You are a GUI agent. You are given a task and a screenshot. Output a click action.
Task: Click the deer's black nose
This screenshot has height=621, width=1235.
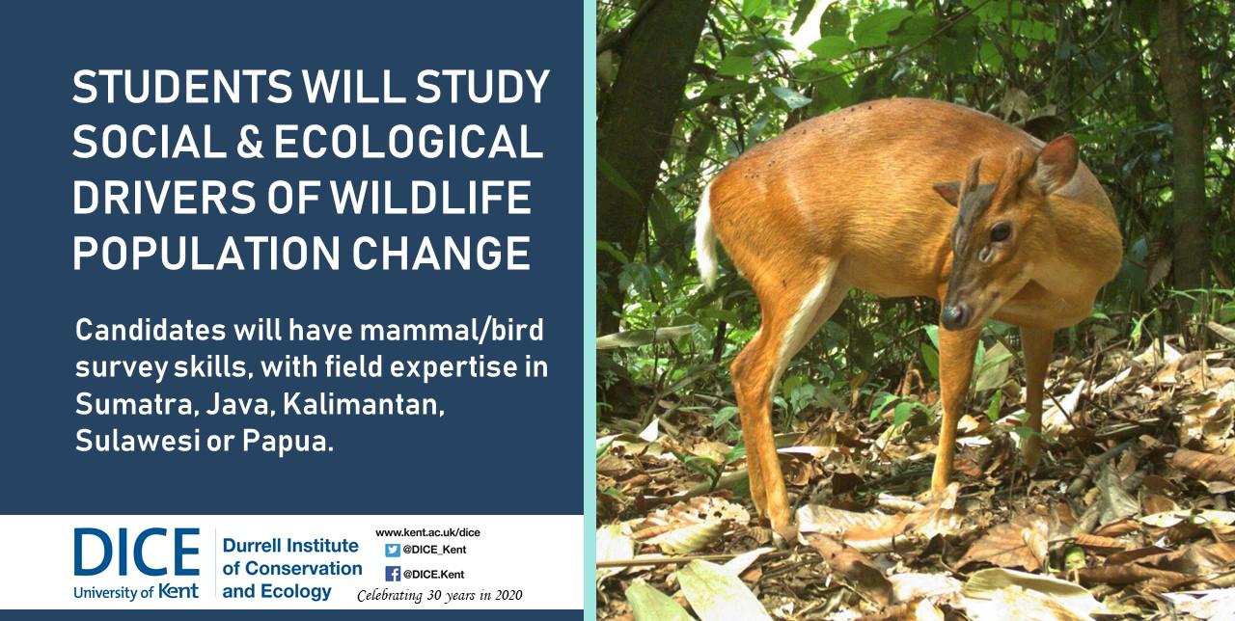click(954, 316)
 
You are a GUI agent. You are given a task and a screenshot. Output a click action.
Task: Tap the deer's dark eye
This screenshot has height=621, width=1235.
click(1001, 232)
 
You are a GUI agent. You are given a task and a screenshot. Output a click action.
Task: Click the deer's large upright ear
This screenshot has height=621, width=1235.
click(1056, 164)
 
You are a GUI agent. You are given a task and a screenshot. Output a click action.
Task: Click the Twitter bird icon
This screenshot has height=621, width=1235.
click(393, 550)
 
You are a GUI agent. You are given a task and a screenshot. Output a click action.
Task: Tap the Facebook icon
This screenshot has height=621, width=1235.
click(393, 574)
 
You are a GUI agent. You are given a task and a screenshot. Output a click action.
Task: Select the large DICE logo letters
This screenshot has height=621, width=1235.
click(137, 552)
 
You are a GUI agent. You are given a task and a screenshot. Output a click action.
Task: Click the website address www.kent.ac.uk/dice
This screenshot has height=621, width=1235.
click(427, 533)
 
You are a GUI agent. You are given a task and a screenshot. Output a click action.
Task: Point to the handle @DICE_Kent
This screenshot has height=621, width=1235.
click(434, 550)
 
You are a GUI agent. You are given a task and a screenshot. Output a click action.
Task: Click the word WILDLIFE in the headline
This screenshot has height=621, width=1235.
click(430, 198)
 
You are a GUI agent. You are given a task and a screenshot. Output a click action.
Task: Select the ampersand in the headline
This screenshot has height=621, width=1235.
click(249, 142)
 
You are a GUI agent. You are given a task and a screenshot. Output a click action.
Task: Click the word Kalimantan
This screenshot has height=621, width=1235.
click(364, 405)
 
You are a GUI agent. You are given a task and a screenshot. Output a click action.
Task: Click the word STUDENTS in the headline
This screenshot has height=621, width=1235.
click(182, 87)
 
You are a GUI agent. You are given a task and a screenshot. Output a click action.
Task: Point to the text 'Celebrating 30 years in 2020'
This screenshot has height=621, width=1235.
click(440, 596)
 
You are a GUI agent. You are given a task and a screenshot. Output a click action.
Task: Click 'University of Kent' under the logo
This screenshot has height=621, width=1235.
click(136, 592)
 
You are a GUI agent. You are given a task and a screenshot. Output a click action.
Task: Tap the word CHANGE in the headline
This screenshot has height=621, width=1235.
click(441, 254)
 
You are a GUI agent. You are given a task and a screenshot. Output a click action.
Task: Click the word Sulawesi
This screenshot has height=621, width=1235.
click(138, 442)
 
